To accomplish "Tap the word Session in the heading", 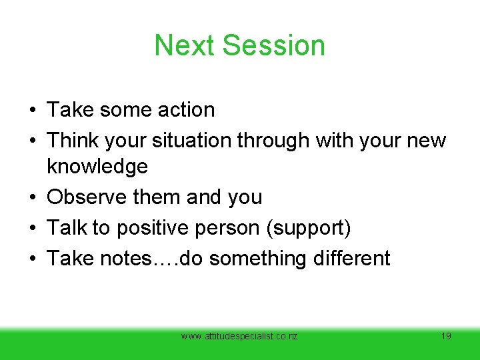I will click(273, 46).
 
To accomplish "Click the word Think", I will click(73, 141).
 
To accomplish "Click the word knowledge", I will click(97, 167).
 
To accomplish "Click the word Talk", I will click(67, 228).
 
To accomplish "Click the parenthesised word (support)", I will click(308, 228).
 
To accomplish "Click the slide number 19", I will click(446, 336).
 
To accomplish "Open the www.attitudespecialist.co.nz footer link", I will click(239, 336).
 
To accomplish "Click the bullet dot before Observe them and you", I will click(32, 198).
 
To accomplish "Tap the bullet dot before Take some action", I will click(32, 111).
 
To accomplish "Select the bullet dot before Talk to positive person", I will click(32, 229).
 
